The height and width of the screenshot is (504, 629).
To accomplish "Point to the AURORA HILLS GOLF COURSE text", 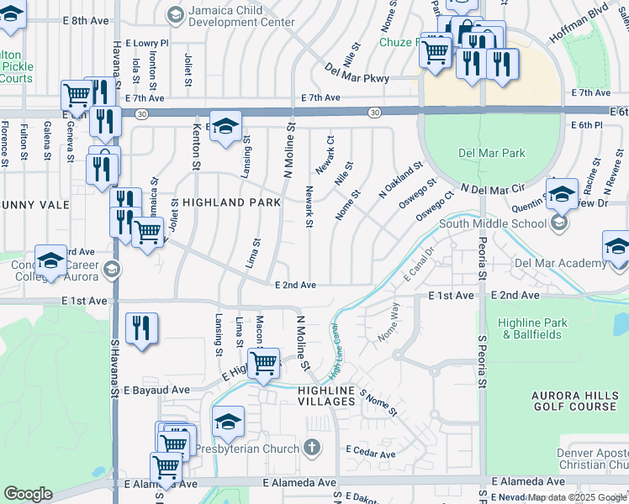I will coord(574,401).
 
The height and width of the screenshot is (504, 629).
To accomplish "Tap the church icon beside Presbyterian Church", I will coord(312,447).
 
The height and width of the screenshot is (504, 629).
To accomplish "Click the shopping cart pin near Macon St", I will coord(264,363).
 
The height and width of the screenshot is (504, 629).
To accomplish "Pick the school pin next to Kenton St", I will coord(225,127).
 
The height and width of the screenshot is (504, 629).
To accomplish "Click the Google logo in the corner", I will coord(28,494).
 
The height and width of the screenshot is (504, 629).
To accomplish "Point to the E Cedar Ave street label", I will coord(370,454).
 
